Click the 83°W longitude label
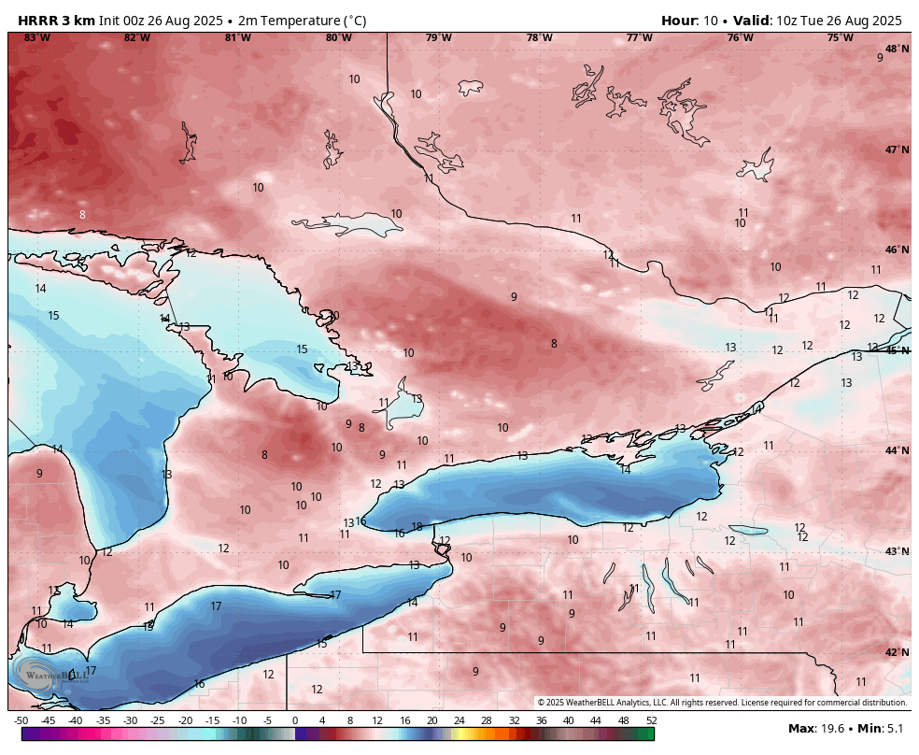coord(37,37)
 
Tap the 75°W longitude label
coord(840,37)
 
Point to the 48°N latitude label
coord(897,49)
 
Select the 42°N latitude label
coord(897,652)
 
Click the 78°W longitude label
coord(539,37)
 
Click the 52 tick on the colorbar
coord(651,720)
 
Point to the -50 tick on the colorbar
coord(21,720)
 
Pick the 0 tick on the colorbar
coord(295,720)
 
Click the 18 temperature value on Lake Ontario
coord(417,527)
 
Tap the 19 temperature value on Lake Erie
coord(148,626)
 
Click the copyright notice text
coord(722,703)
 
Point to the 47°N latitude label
coord(897,150)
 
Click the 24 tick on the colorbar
coord(459,720)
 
